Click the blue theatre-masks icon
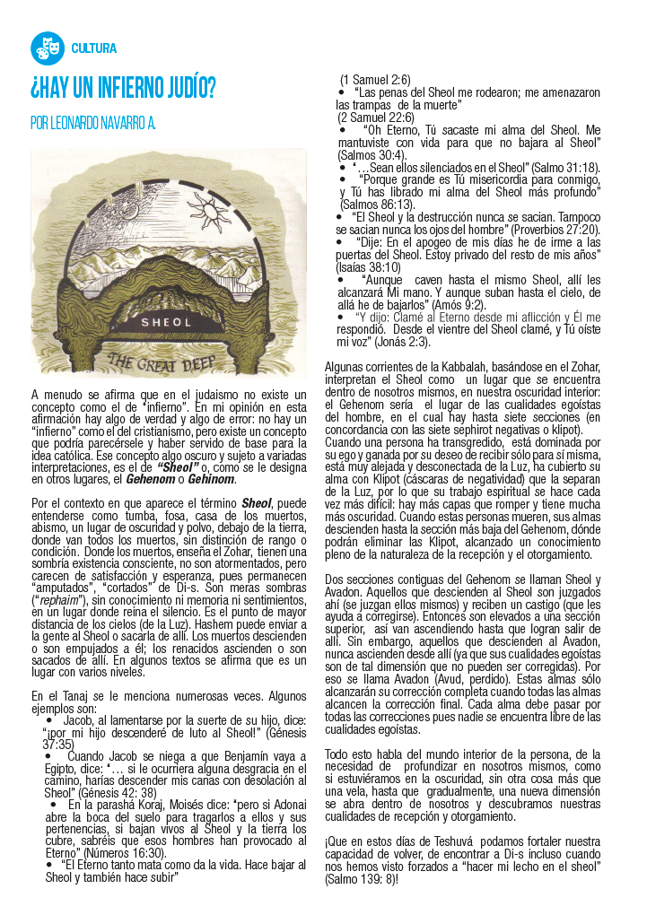click(x=46, y=48)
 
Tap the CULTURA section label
click(x=93, y=48)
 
